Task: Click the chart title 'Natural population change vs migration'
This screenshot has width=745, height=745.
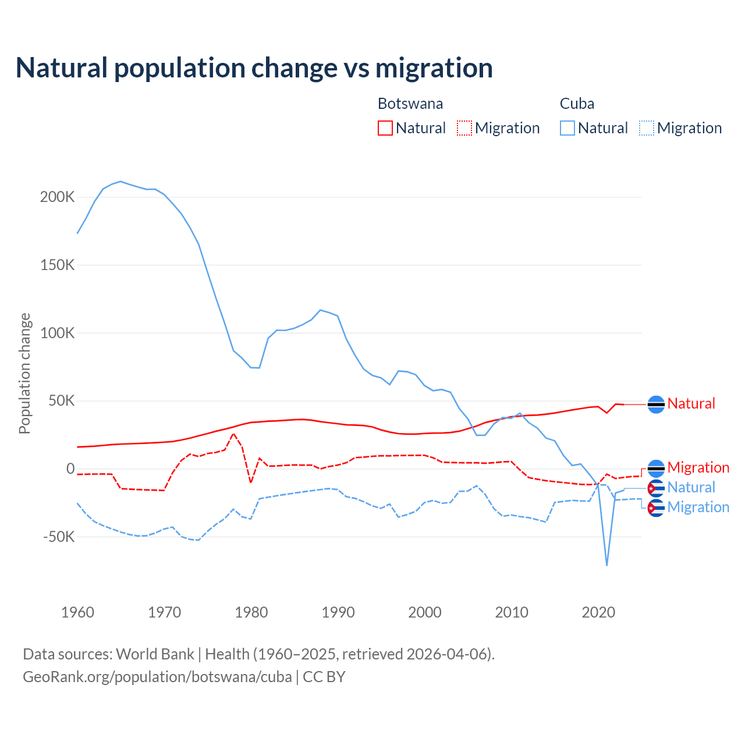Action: coord(254,68)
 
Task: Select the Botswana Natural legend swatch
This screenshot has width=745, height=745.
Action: coord(385,128)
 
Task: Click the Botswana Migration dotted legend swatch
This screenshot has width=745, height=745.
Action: coord(464,128)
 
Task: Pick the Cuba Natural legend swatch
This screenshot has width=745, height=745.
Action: coord(567,128)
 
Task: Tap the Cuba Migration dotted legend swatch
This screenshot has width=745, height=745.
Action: coord(647,128)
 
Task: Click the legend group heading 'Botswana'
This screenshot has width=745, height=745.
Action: coord(410,104)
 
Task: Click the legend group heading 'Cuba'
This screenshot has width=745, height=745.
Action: coord(577,104)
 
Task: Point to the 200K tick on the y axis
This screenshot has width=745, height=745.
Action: coord(57,197)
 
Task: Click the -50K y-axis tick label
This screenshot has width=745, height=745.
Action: coord(59,537)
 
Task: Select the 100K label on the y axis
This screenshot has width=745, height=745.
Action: coord(57,333)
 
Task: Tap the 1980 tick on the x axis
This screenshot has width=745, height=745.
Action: coord(251,612)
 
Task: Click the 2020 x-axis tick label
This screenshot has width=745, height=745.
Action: coord(598,612)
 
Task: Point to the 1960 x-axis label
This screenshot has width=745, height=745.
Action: coord(77,612)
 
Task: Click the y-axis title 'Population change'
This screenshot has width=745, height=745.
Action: coord(24,373)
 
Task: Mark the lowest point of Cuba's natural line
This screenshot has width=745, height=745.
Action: coord(606,565)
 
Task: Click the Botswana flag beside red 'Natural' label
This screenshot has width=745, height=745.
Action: coord(656,404)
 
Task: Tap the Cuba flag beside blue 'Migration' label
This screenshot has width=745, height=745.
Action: coord(656,508)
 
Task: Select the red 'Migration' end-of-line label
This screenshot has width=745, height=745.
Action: coord(698,467)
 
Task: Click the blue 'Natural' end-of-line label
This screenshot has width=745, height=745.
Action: coord(691,487)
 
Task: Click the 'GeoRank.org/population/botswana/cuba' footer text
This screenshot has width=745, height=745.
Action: coord(157,677)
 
